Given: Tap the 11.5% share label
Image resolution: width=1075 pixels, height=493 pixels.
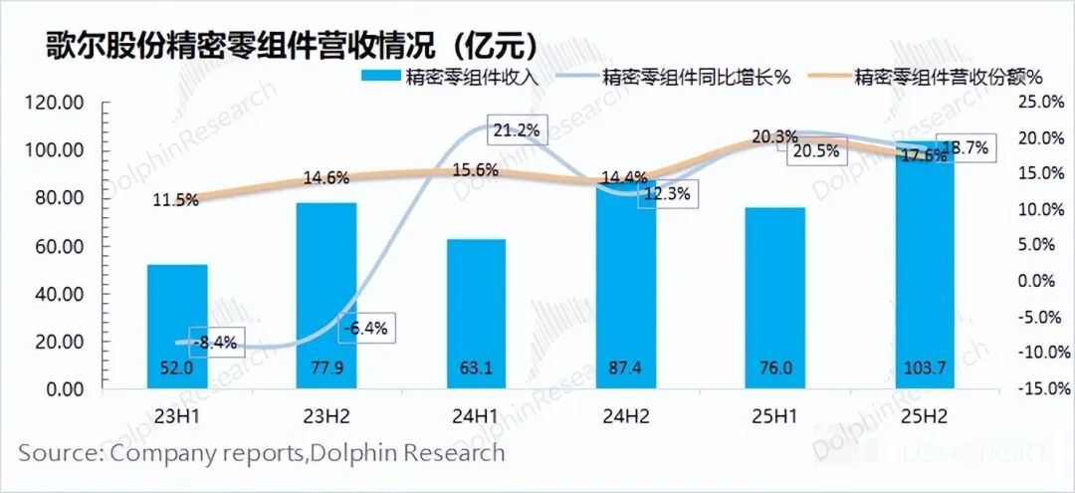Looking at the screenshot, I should (x=175, y=199).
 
